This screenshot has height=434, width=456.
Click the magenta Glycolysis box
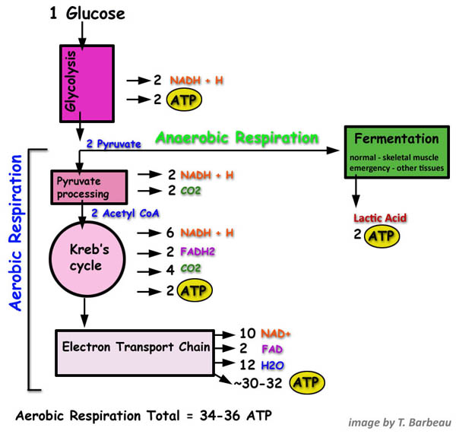point(87,83)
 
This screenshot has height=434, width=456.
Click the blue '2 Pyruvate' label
point(113,143)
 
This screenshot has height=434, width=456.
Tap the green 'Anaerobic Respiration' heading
point(236,138)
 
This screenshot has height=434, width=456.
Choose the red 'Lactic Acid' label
point(380,219)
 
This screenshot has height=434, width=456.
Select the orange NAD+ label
point(275,334)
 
